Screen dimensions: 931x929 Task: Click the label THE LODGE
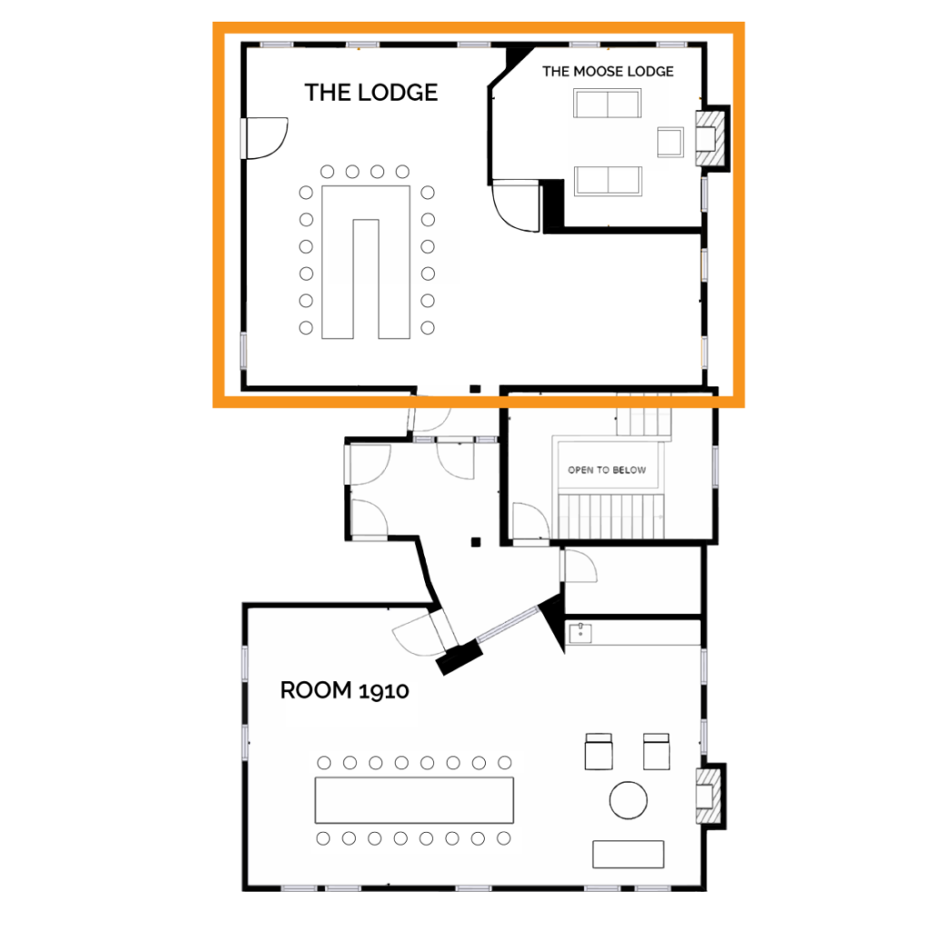370,92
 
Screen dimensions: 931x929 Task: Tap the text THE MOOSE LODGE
608,71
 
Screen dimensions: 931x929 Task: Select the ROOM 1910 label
344,690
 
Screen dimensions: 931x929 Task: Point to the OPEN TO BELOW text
607,470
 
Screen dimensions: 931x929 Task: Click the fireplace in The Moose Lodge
710,137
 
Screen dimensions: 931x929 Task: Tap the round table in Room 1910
628,800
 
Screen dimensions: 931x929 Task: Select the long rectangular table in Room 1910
414,799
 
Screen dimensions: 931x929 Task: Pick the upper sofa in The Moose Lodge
607,104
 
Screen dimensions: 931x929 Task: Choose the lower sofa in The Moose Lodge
607,180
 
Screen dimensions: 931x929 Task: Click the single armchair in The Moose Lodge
671,141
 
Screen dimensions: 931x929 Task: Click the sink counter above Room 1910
633,633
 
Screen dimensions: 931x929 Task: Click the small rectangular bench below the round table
628,854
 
